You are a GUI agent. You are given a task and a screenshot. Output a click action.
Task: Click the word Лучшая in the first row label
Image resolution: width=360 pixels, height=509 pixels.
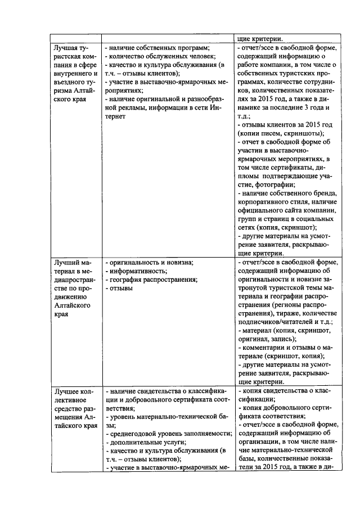(64, 48)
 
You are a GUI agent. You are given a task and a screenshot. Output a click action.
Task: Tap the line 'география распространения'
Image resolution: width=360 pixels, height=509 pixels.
(151, 280)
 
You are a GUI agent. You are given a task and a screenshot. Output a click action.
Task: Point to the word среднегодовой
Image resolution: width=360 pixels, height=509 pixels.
(134, 434)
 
